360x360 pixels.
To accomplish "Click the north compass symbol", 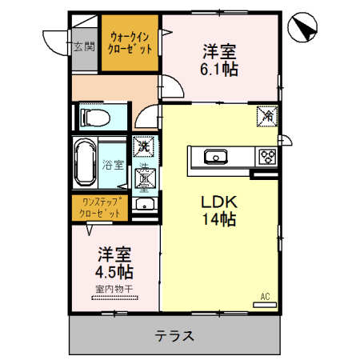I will pos(304,27).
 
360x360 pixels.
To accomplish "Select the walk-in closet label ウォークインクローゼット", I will pos(128,42).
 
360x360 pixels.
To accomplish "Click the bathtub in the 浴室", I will pos(87,166).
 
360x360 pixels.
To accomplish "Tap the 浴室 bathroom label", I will pos(113,166).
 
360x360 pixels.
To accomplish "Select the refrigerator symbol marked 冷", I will pos(266,116).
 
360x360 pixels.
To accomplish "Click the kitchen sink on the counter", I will pos(215,156).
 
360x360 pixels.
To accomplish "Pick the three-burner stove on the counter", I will pos(266,156).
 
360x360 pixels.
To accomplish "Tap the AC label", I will pos(264,296).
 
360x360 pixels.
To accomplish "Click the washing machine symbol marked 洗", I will pos(144,146).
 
